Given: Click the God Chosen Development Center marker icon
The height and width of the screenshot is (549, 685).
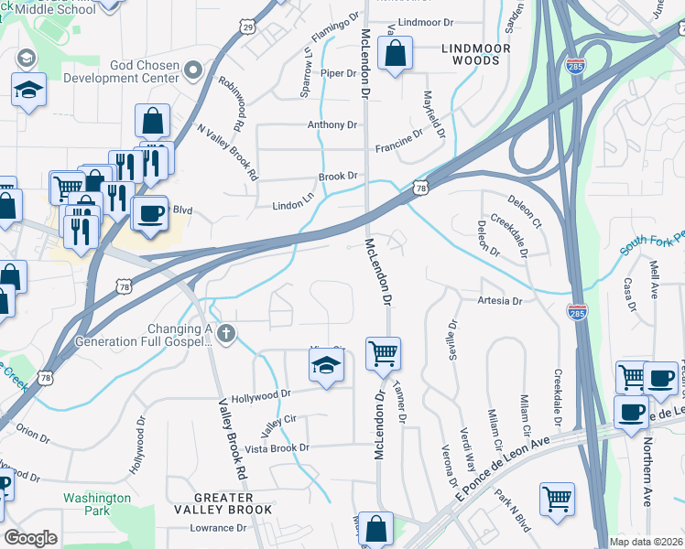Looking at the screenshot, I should click(192, 70).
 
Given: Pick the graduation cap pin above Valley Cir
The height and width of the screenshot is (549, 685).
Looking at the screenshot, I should click(325, 368).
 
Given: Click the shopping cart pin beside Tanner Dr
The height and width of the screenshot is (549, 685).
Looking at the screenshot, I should click(383, 353).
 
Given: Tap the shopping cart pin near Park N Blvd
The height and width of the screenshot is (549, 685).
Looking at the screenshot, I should click(557, 499).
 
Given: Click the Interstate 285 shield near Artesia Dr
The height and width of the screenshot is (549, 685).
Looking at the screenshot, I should click(576, 310).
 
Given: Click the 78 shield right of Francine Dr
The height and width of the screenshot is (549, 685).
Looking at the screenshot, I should click(420, 187).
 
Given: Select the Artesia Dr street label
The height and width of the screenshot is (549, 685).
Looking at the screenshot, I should click(499, 300).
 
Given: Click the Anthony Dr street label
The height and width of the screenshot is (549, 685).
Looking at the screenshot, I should click(332, 124).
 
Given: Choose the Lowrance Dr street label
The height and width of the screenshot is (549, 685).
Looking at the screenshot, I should click(218, 528).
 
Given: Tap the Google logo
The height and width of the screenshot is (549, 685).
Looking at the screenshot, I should click(30, 538).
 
